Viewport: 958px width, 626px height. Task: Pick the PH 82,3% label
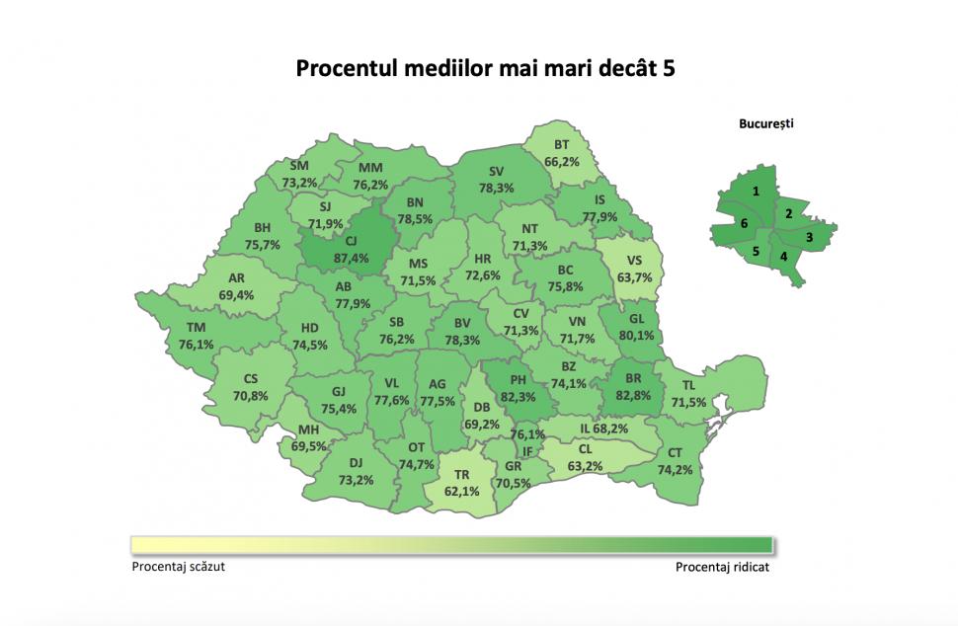tap(517, 388)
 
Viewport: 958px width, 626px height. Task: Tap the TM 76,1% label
tap(197, 337)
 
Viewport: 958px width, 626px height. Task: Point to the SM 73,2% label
tap(299, 174)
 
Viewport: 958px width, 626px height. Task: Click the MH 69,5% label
tap(309, 438)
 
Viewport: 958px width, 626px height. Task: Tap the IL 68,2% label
tap(604, 429)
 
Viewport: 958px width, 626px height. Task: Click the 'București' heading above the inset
tap(765, 124)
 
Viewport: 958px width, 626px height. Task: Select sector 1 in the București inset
tap(756, 191)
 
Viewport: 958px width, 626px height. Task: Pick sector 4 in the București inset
tap(784, 257)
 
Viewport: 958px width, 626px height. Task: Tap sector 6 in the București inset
tap(743, 225)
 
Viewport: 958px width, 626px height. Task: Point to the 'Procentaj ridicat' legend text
tap(722, 568)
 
